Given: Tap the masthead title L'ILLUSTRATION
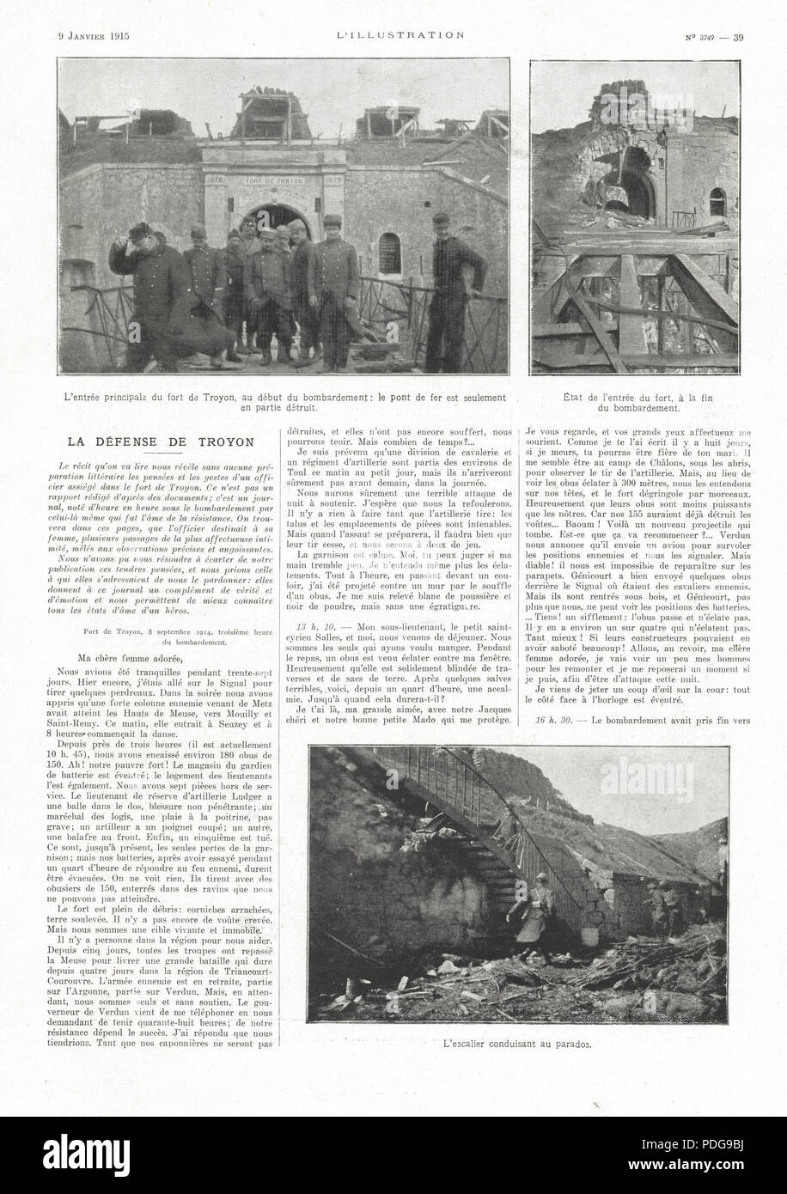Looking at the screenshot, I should (x=395, y=35).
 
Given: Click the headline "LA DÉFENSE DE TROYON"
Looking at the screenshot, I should (x=162, y=442).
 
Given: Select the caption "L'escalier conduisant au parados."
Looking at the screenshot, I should (x=522, y=1045).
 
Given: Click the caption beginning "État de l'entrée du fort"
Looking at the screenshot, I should (x=634, y=403).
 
